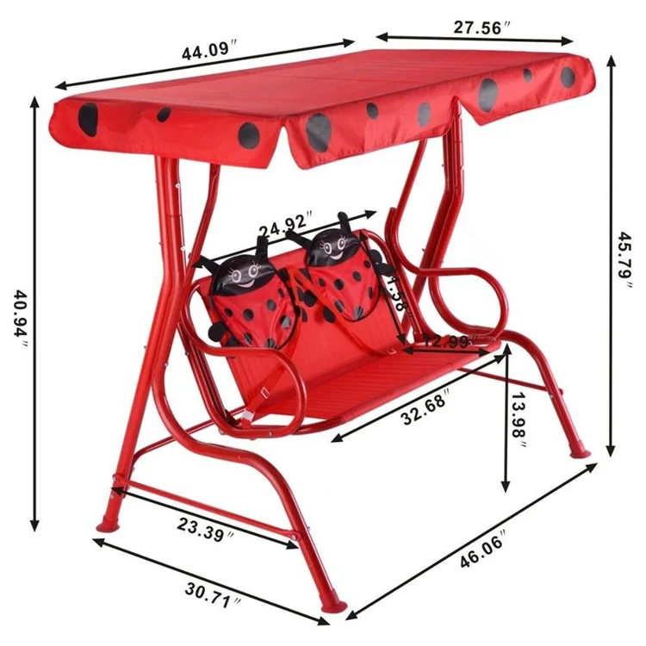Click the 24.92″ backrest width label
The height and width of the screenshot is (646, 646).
click(x=285, y=227)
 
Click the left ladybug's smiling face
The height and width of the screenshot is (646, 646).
click(x=242, y=276)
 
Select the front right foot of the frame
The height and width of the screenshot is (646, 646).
click(x=336, y=602)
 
